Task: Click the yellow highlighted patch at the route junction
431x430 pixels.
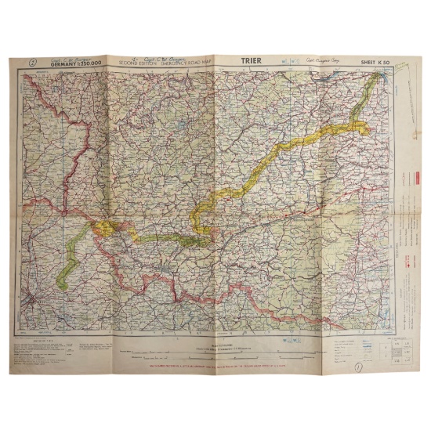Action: tap(103, 227)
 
